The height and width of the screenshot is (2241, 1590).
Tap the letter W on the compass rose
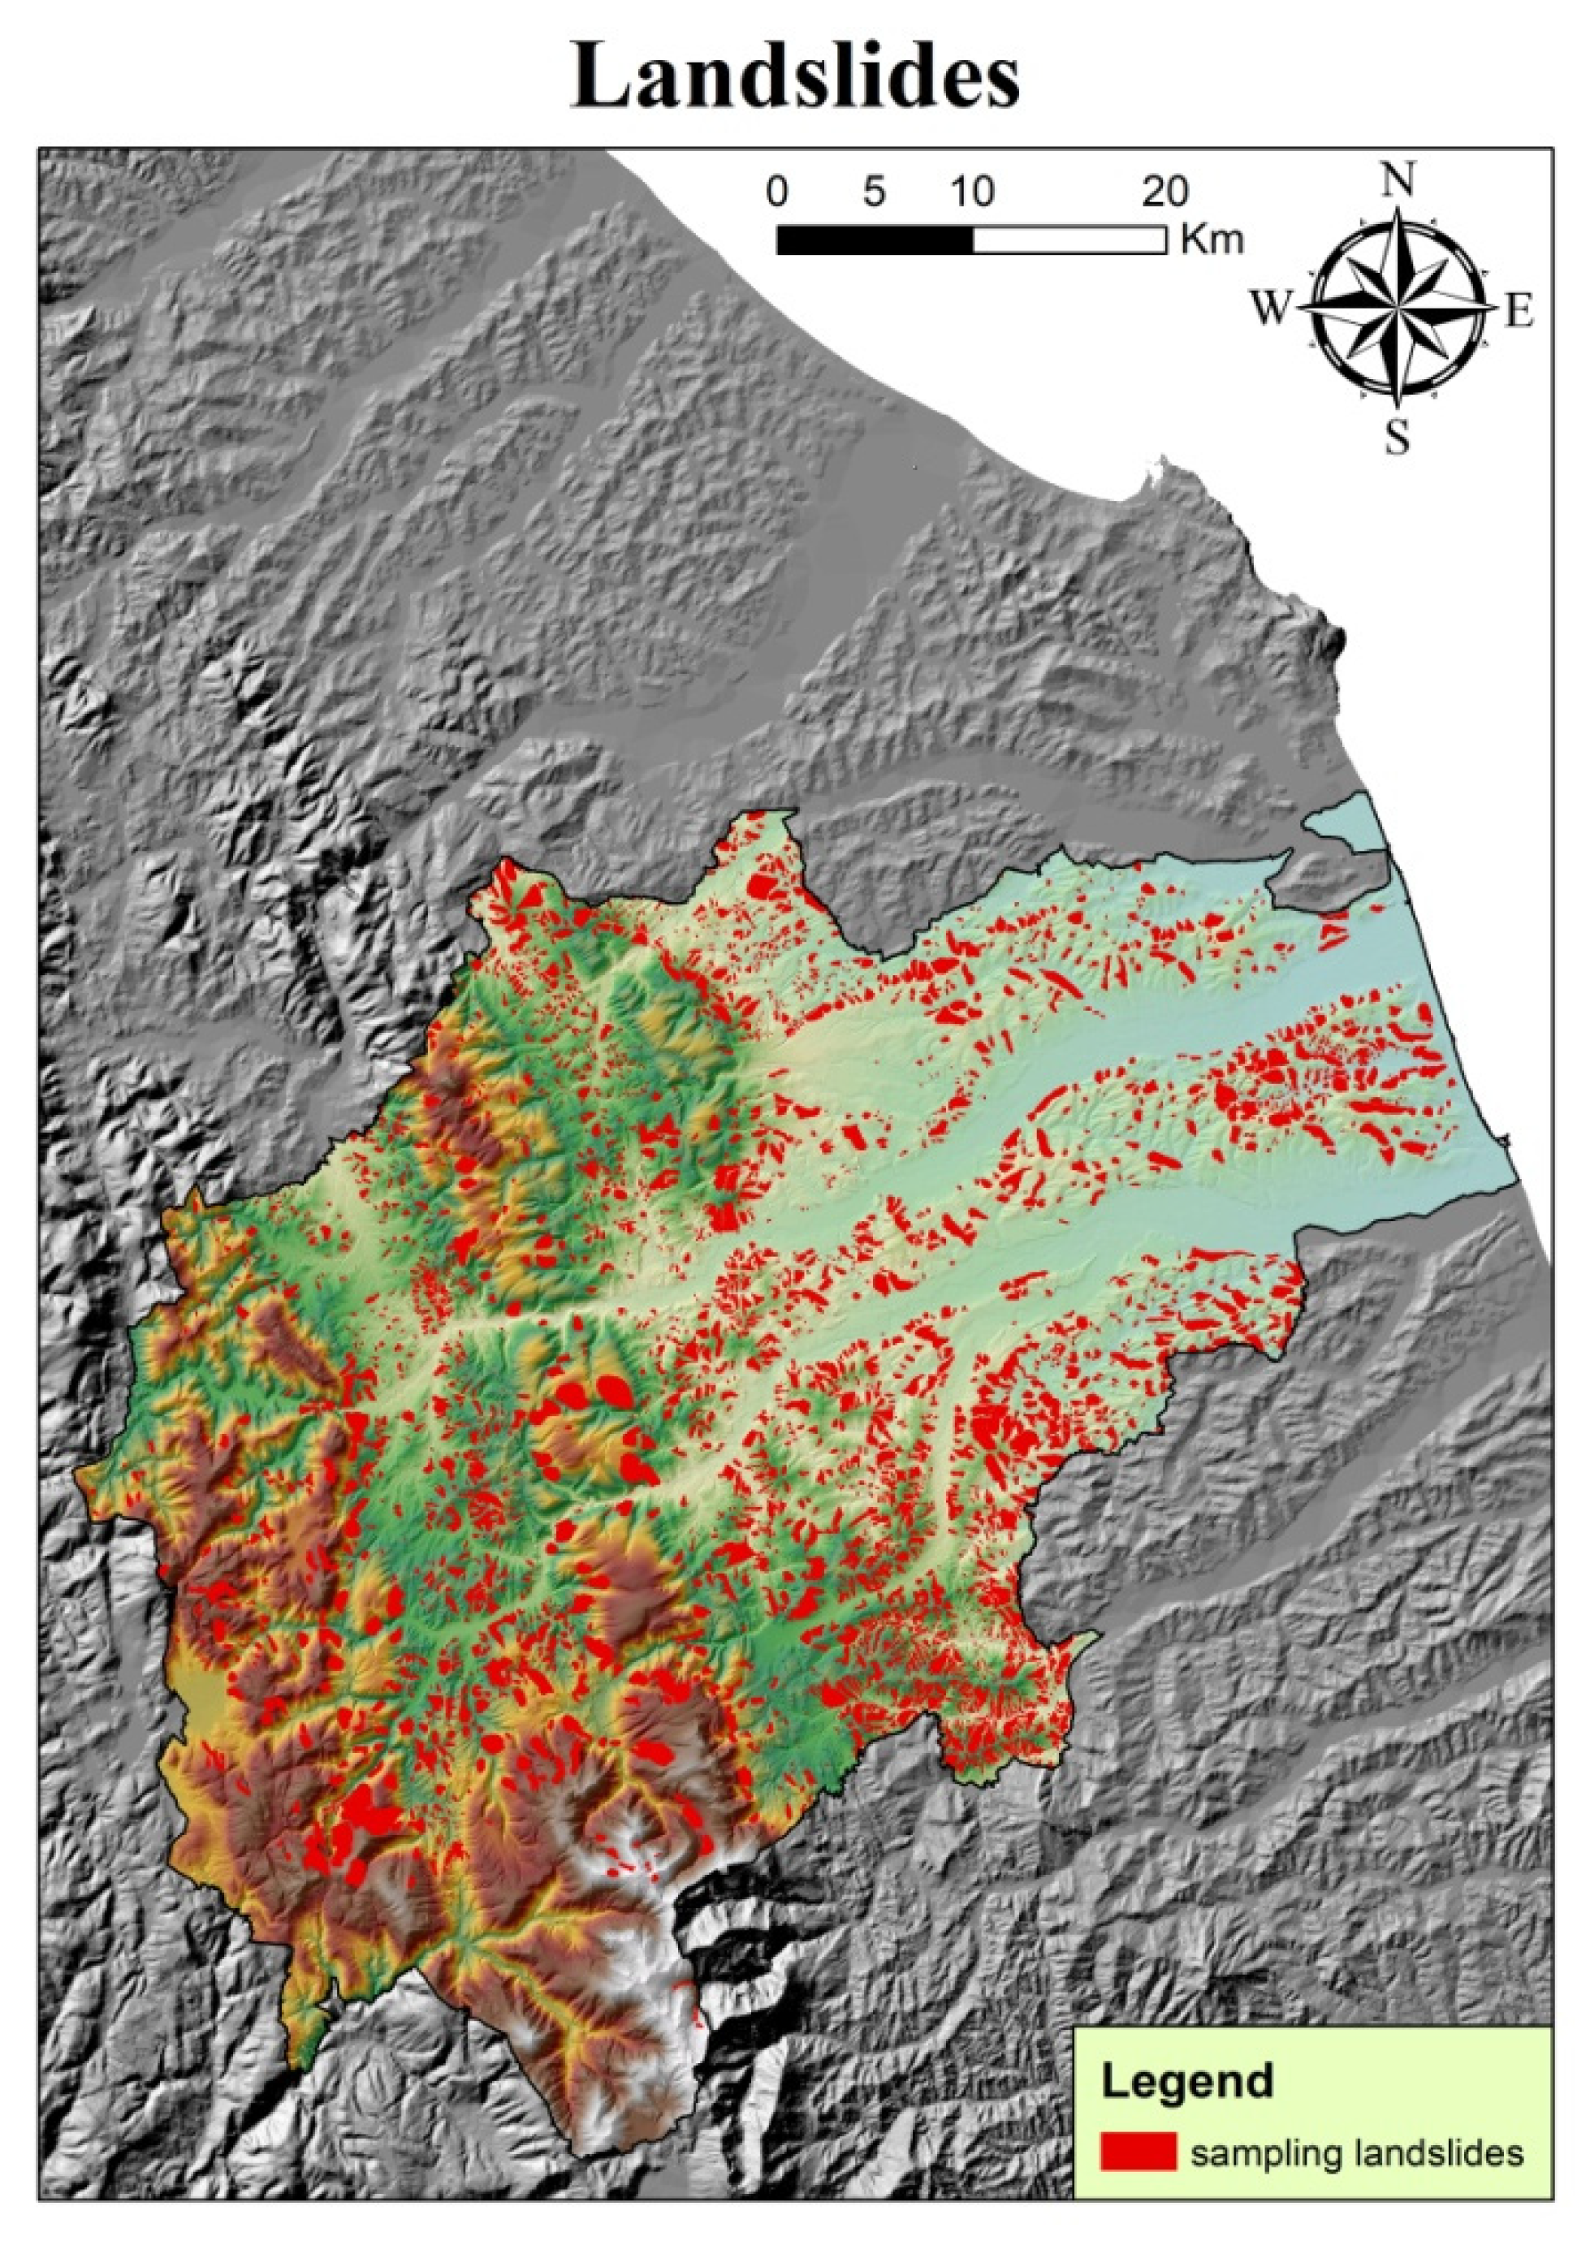pyautogui.click(x=1272, y=310)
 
